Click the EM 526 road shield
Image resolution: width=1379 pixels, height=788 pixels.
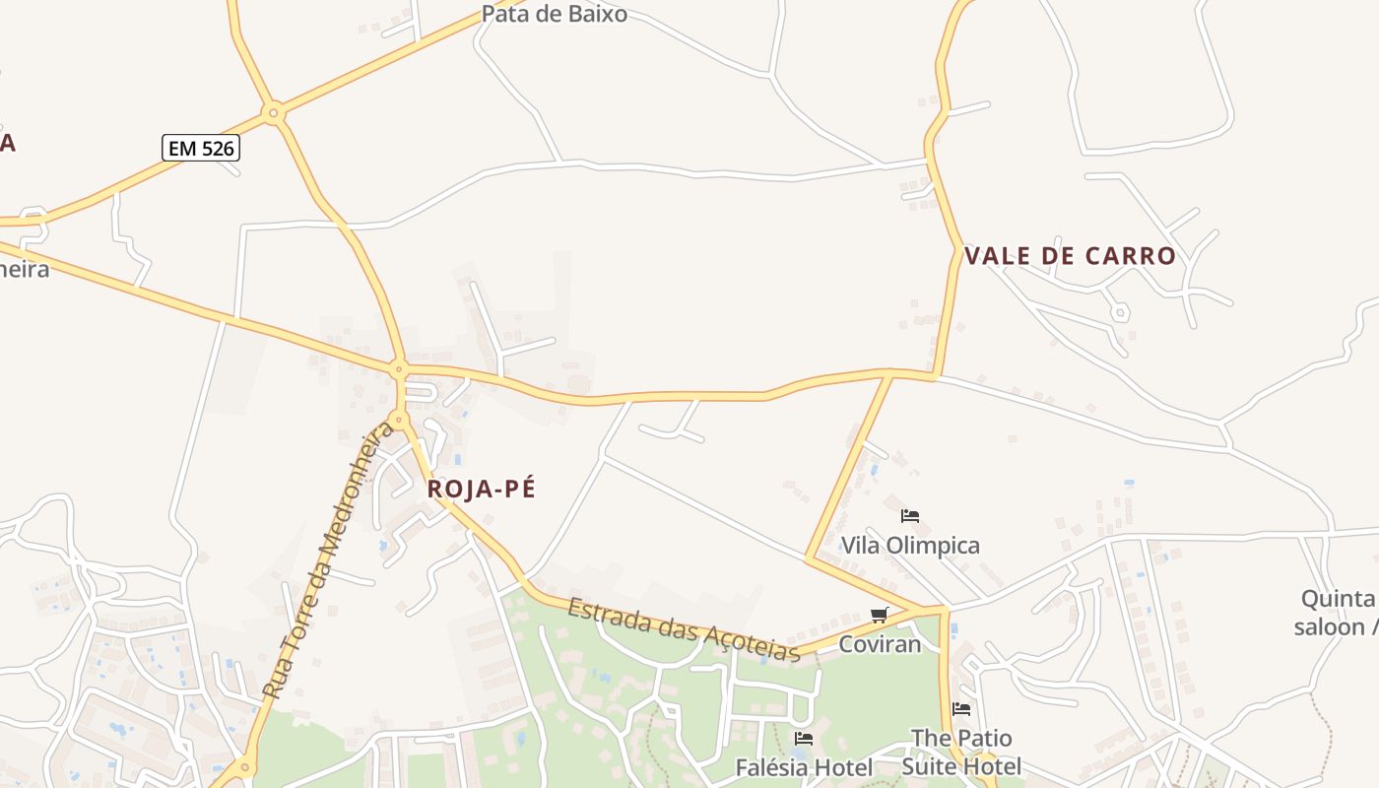coord(201,148)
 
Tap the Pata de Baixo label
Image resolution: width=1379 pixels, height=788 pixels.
coord(554,14)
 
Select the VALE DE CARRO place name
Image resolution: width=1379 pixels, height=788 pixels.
coord(1070,256)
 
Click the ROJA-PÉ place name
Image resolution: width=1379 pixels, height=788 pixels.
coord(482,489)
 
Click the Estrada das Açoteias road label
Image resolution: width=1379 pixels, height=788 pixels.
coord(684,628)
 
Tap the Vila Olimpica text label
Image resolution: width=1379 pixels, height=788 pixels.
coord(910,546)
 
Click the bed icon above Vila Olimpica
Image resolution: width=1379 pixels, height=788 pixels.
coord(910,515)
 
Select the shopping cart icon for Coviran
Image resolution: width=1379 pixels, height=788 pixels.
coord(880,615)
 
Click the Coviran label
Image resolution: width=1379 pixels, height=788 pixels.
coord(880,644)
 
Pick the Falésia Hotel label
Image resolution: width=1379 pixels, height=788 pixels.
coord(804,767)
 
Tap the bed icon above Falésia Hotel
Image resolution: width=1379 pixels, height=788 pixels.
coord(804,738)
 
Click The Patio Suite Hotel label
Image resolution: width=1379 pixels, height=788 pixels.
coord(961,752)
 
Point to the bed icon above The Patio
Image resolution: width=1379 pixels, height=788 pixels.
coord(961,708)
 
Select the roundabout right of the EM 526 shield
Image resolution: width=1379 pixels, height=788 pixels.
coord(275,113)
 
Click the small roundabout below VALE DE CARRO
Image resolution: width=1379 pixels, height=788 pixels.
coord(1119,312)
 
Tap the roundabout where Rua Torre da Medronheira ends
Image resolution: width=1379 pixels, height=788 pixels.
coord(398,420)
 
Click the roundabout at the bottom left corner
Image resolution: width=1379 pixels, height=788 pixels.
coord(244,766)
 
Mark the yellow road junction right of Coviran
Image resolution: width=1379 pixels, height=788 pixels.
coord(943,611)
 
